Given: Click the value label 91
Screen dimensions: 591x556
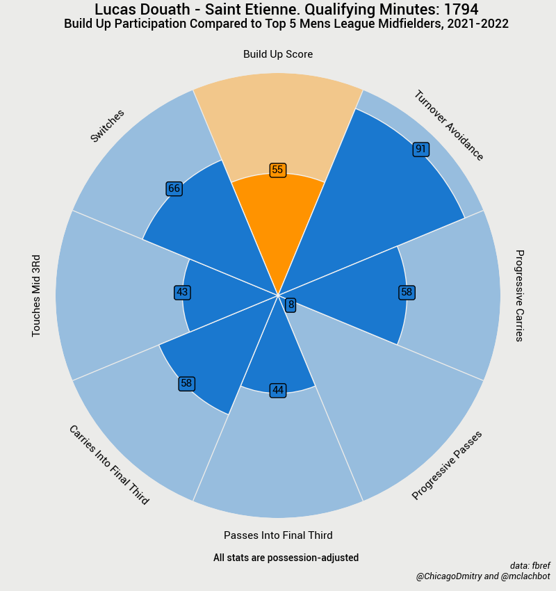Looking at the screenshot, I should click(x=420, y=149).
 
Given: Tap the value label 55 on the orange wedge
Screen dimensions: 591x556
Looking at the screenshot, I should click(x=278, y=170).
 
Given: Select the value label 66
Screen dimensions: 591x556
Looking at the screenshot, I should click(x=174, y=188).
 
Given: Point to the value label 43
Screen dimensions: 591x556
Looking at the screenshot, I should click(x=182, y=293).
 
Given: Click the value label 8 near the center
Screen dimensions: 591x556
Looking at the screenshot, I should click(x=291, y=305).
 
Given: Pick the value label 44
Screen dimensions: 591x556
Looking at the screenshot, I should click(x=278, y=391).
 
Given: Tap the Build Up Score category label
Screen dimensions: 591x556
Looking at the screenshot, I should click(x=278, y=54).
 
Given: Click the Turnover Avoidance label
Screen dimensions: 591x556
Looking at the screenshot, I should click(x=448, y=126).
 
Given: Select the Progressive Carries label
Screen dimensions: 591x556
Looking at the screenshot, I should click(x=518, y=295).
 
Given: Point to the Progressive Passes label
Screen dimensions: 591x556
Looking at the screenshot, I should click(x=447, y=464).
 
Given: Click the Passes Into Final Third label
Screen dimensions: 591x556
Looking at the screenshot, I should click(x=278, y=535).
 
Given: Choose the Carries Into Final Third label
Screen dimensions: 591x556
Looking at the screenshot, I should click(x=108, y=464).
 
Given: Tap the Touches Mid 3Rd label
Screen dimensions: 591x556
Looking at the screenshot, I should click(x=37, y=295).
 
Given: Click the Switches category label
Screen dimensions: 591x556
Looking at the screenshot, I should click(x=108, y=126).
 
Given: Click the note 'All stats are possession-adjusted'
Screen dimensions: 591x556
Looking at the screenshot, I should click(x=286, y=558).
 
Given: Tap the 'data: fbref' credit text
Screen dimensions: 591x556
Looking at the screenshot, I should click(x=530, y=565).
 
